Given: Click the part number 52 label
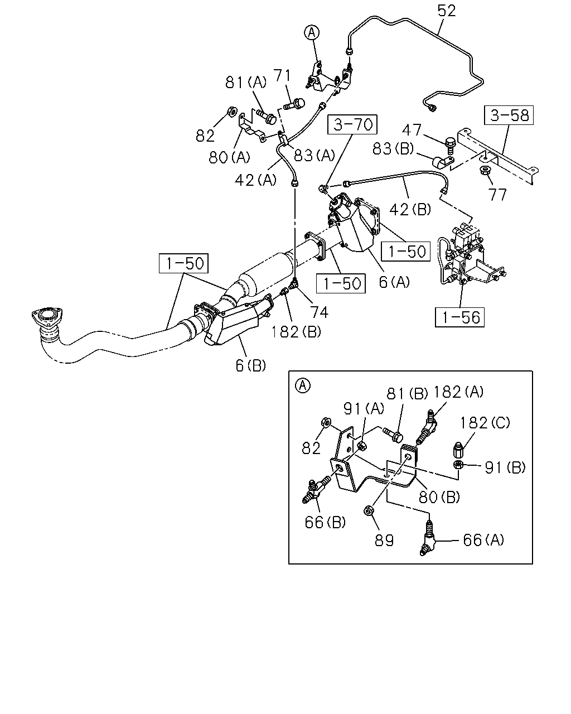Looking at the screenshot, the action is coord(447,11).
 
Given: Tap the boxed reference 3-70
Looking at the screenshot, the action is coord(352,125).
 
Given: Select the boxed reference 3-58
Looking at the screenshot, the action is coord(509,115).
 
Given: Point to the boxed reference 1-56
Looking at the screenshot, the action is coord(460,317).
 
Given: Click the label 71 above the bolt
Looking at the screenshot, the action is coord(282,76).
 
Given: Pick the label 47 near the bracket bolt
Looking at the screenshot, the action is coord(412,130).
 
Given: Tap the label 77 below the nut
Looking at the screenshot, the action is coord(497,195).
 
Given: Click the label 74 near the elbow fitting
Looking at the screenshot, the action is coord(319,312).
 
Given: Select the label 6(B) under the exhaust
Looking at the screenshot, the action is coord(251,365).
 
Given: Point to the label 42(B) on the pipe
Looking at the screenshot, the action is coord(410,209).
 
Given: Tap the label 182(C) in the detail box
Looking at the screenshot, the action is coord(485,423).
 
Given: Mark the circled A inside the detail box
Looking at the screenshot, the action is coord(303,385).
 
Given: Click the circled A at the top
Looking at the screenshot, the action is coord(312,32).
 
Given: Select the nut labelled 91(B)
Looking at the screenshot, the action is coord(458,465).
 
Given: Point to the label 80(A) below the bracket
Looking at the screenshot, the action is coord(229,157).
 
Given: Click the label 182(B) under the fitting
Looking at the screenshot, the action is coord(296,332).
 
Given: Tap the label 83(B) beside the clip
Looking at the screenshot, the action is coord(393,148).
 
